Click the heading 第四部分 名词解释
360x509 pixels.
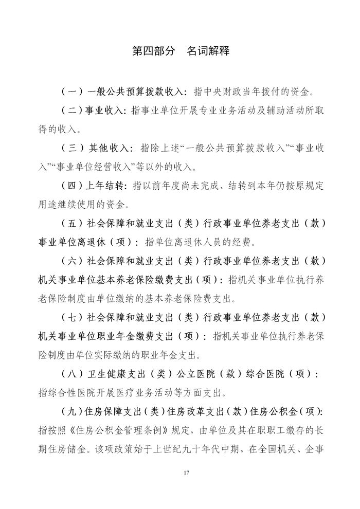point(180,51)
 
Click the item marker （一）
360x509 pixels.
point(72,92)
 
